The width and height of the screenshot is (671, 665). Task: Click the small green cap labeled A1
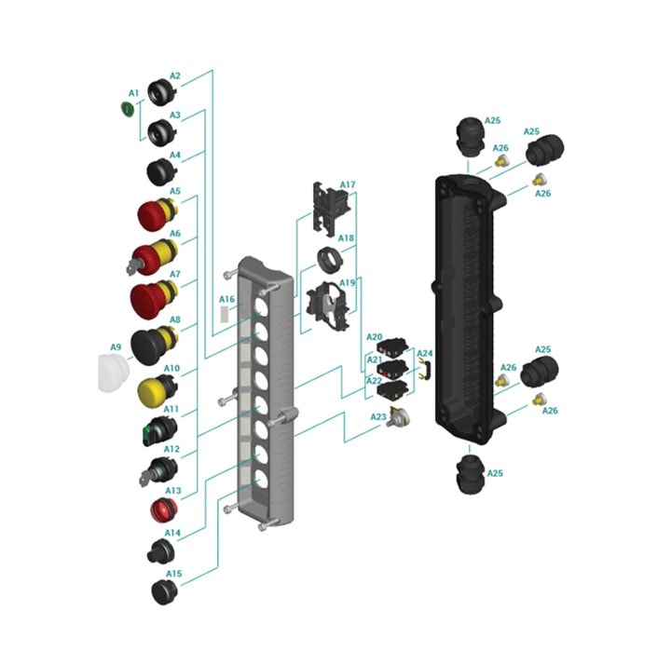pyautogui.click(x=127, y=109)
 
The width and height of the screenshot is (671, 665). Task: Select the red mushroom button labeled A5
pyautogui.click(x=157, y=213)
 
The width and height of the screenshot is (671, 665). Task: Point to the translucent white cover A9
pyautogui.click(x=113, y=373)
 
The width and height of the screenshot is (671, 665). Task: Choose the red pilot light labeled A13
pyautogui.click(x=163, y=509)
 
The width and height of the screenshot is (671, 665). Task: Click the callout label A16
pyautogui.click(x=226, y=299)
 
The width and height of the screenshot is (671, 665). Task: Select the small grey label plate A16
pyautogui.click(x=225, y=314)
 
